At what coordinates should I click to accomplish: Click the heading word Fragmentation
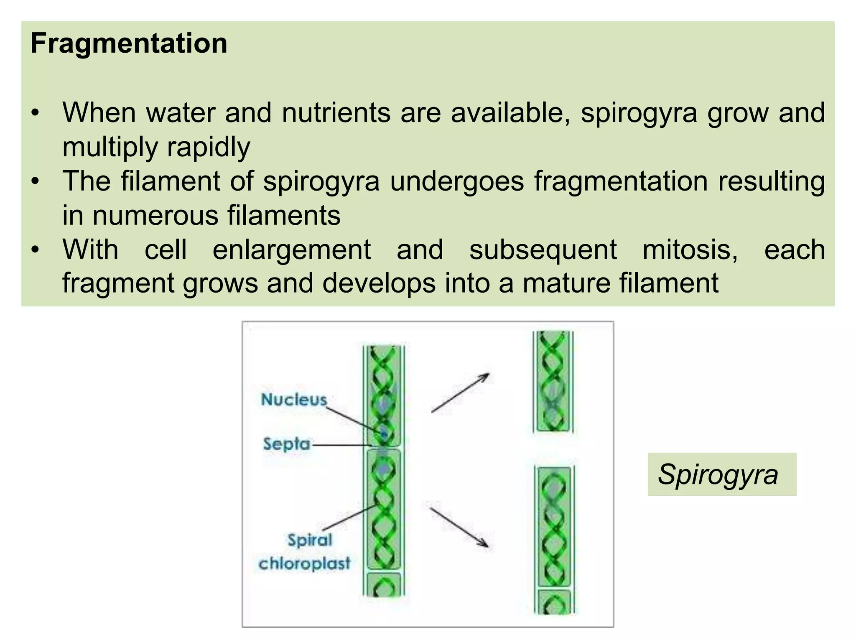pos(129,43)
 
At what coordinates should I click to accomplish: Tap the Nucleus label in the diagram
pos(294,400)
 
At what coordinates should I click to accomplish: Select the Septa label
pos(287,444)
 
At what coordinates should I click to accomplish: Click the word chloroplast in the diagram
pos(304,564)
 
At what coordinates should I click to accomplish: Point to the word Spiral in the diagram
pos(310,540)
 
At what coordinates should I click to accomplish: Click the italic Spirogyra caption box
pos(721,474)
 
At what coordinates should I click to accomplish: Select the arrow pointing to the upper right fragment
pos(460,393)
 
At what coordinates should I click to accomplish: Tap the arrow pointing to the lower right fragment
pos(459,527)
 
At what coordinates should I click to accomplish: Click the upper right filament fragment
pos(553,381)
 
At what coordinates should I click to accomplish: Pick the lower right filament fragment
pos(554,539)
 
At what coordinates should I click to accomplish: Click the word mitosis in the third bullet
pos(690,250)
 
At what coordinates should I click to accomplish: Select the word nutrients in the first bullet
pos(336,113)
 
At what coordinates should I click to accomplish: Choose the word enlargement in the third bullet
pos(292,250)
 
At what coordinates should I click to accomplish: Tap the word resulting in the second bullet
pos(771,181)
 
